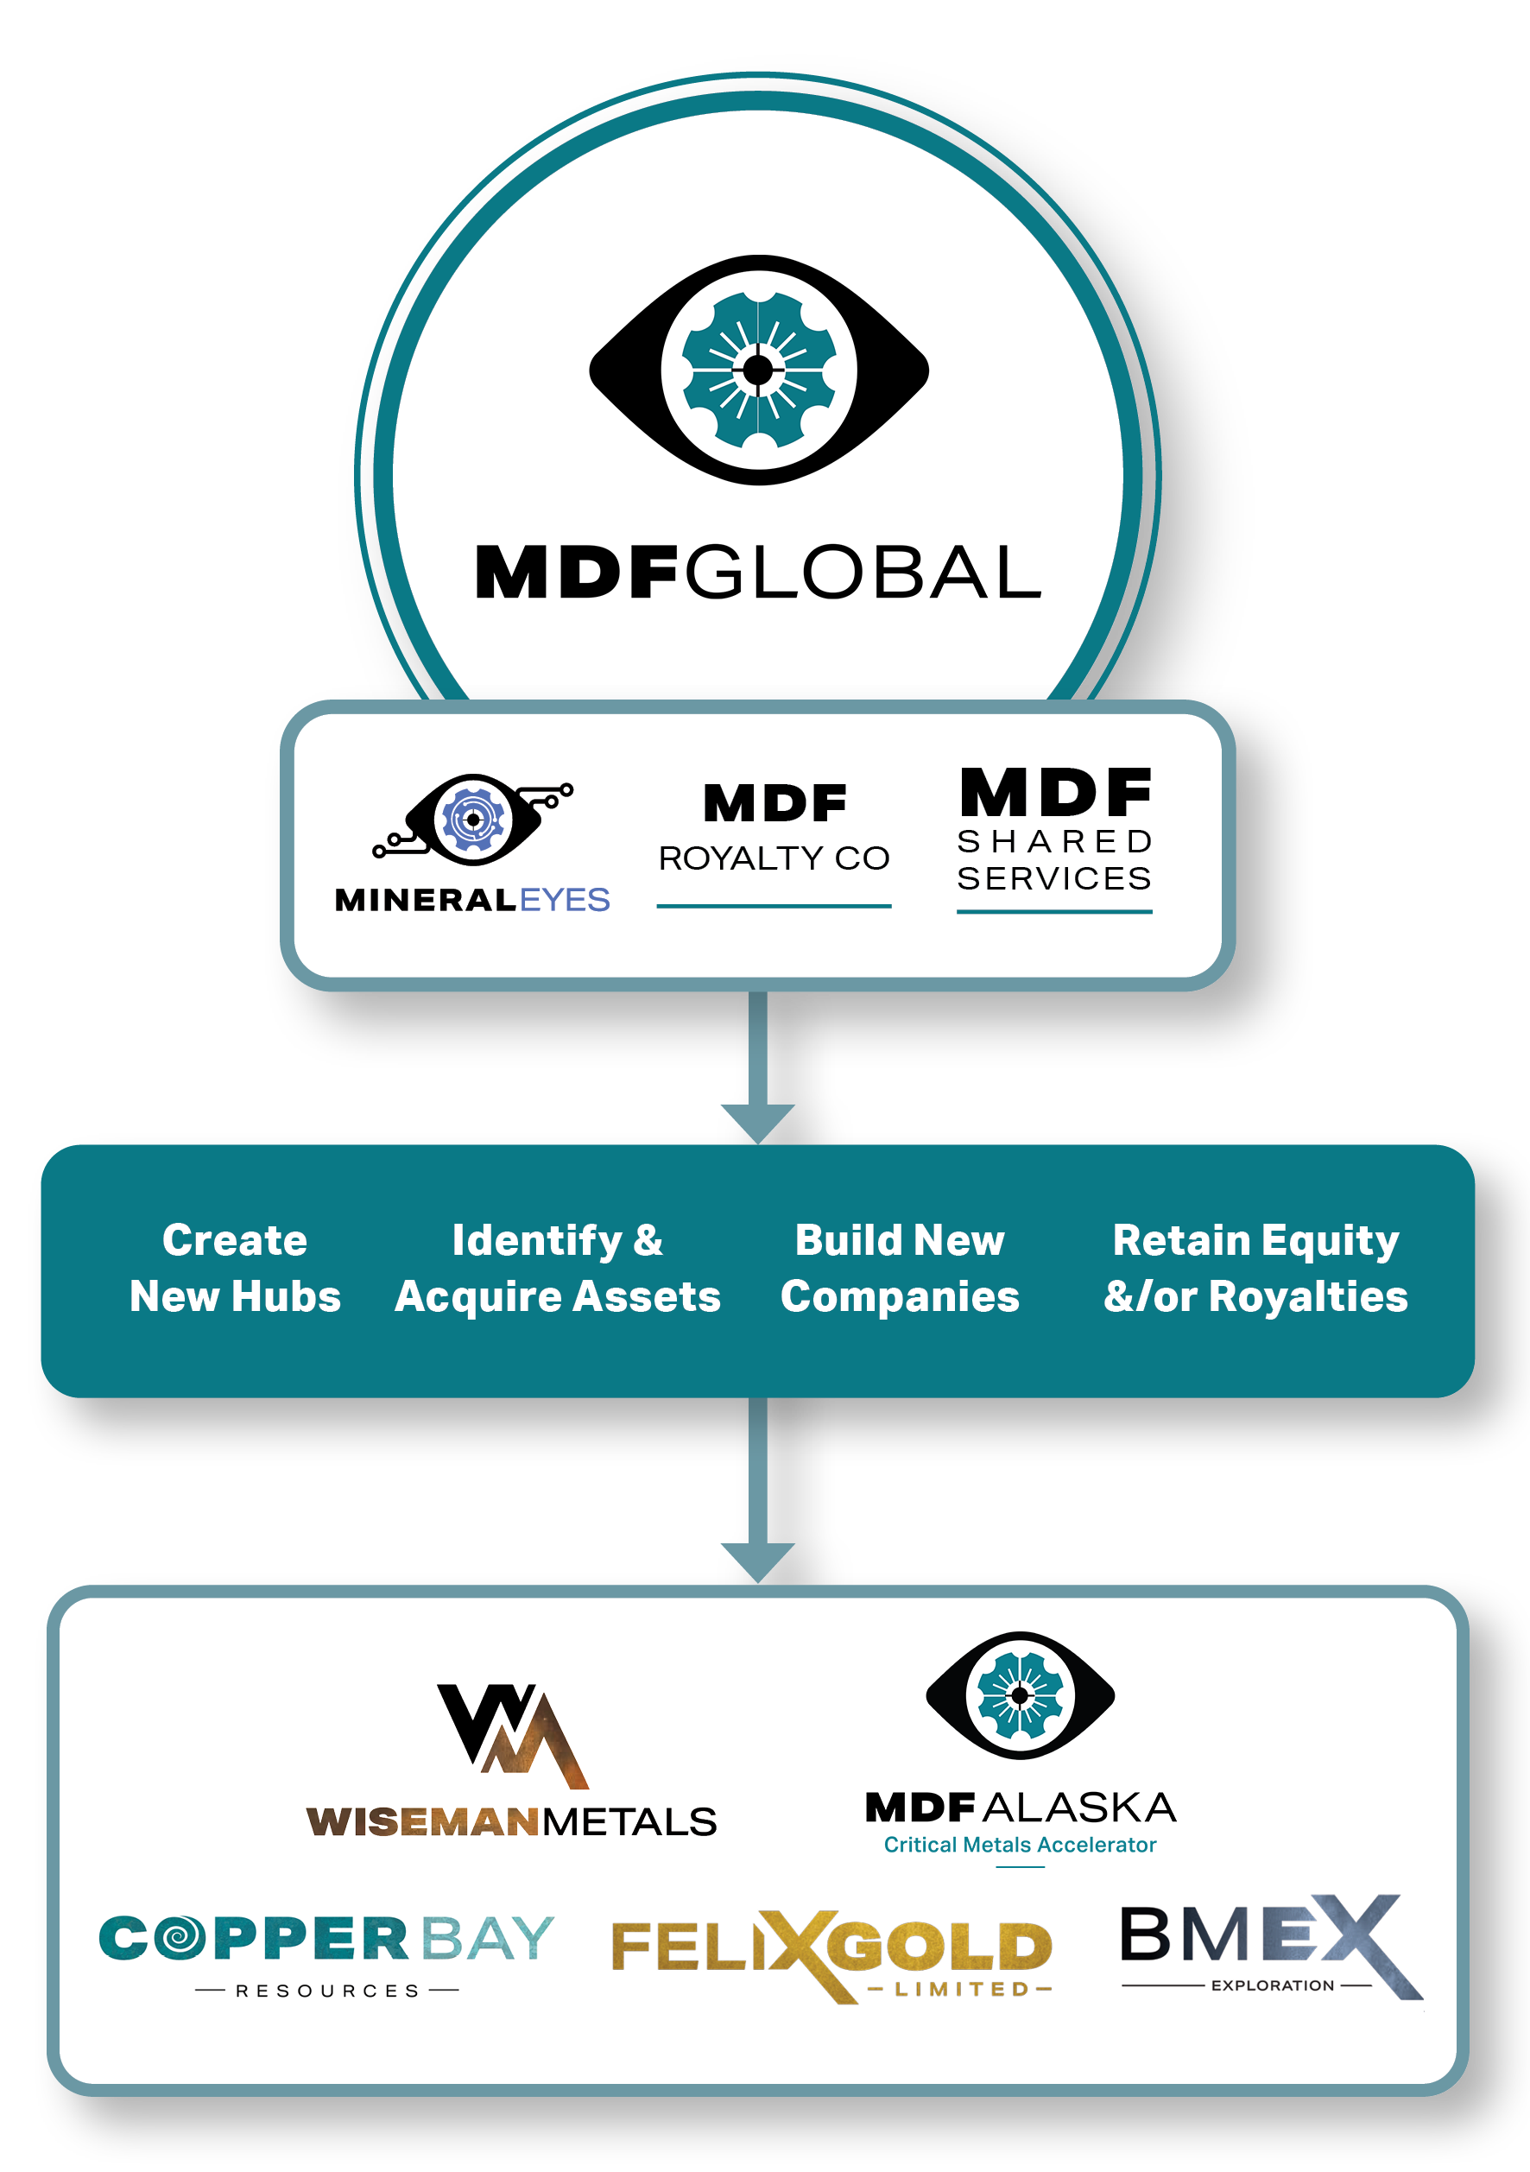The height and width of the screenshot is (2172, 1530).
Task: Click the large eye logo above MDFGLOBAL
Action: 758,370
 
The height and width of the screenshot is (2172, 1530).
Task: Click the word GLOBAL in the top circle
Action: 863,573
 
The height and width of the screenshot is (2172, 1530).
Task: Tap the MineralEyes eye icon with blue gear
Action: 473,820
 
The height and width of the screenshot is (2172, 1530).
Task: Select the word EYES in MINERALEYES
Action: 565,900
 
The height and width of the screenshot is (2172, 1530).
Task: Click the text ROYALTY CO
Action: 774,858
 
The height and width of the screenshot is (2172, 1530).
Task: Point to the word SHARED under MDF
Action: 1054,841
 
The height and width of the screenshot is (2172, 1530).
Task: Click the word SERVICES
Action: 1054,879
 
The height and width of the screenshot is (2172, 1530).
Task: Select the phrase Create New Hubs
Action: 235,1268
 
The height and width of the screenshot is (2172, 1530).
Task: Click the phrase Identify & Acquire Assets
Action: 558,1268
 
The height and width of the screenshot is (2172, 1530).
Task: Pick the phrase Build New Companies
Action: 900,1268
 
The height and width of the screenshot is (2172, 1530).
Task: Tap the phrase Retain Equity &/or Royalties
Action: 1255,1268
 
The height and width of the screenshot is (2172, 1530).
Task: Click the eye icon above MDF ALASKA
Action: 1020,1696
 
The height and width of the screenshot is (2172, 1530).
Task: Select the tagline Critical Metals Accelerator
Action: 1020,1845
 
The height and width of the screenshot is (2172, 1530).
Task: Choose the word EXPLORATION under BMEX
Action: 1272,1985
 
